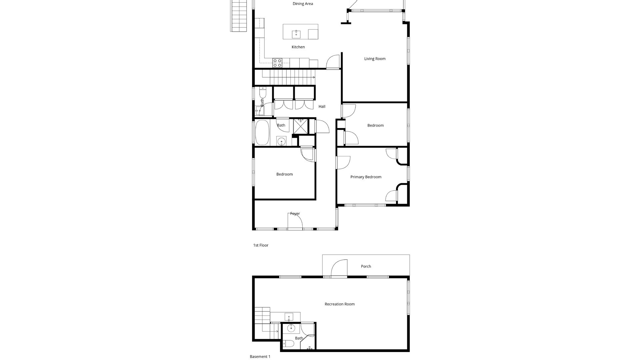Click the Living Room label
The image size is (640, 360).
pyautogui.click(x=375, y=59)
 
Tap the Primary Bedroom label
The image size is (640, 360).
pyautogui.click(x=366, y=177)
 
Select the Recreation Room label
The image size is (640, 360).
pyautogui.click(x=339, y=304)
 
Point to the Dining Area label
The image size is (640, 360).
pyautogui.click(x=303, y=4)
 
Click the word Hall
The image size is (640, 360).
pyautogui.click(x=322, y=107)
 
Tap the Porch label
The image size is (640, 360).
pyautogui.click(x=366, y=266)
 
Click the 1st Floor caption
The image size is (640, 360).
pyautogui.click(x=261, y=245)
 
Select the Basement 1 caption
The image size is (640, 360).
pyautogui.click(x=260, y=357)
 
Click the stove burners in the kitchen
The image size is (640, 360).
pyautogui.click(x=277, y=63)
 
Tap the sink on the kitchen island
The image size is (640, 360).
pyautogui.click(x=296, y=34)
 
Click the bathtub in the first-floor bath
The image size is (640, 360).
pyautogui.click(x=262, y=132)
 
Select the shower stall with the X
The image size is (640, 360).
pyautogui.click(x=300, y=126)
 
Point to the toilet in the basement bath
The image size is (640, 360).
pyautogui.click(x=289, y=344)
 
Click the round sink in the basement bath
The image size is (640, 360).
pyautogui.click(x=291, y=329)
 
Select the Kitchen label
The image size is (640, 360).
pyautogui.click(x=298, y=47)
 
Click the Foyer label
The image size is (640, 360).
pyautogui.click(x=295, y=214)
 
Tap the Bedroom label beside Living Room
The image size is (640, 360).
pyautogui.click(x=375, y=126)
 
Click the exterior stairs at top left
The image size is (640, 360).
pyautogui.click(x=238, y=16)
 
